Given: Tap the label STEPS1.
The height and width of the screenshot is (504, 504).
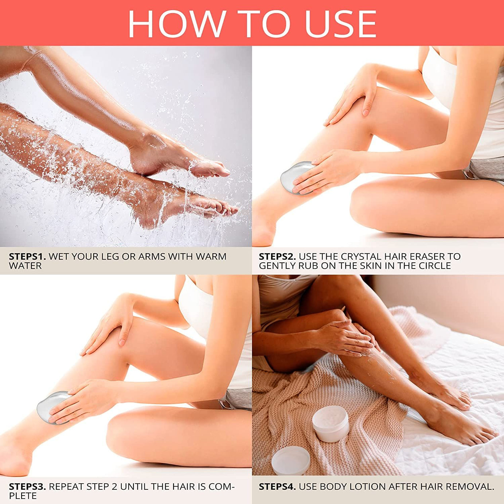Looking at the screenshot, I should coord(27,257).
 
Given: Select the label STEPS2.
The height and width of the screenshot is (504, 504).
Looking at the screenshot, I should coord(277,257).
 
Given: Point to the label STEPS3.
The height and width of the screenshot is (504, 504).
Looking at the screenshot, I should coord(27,487).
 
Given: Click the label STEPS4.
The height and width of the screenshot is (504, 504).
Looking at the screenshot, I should coord(277,487).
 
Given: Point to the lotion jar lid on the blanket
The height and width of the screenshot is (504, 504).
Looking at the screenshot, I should coord(290,461).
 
